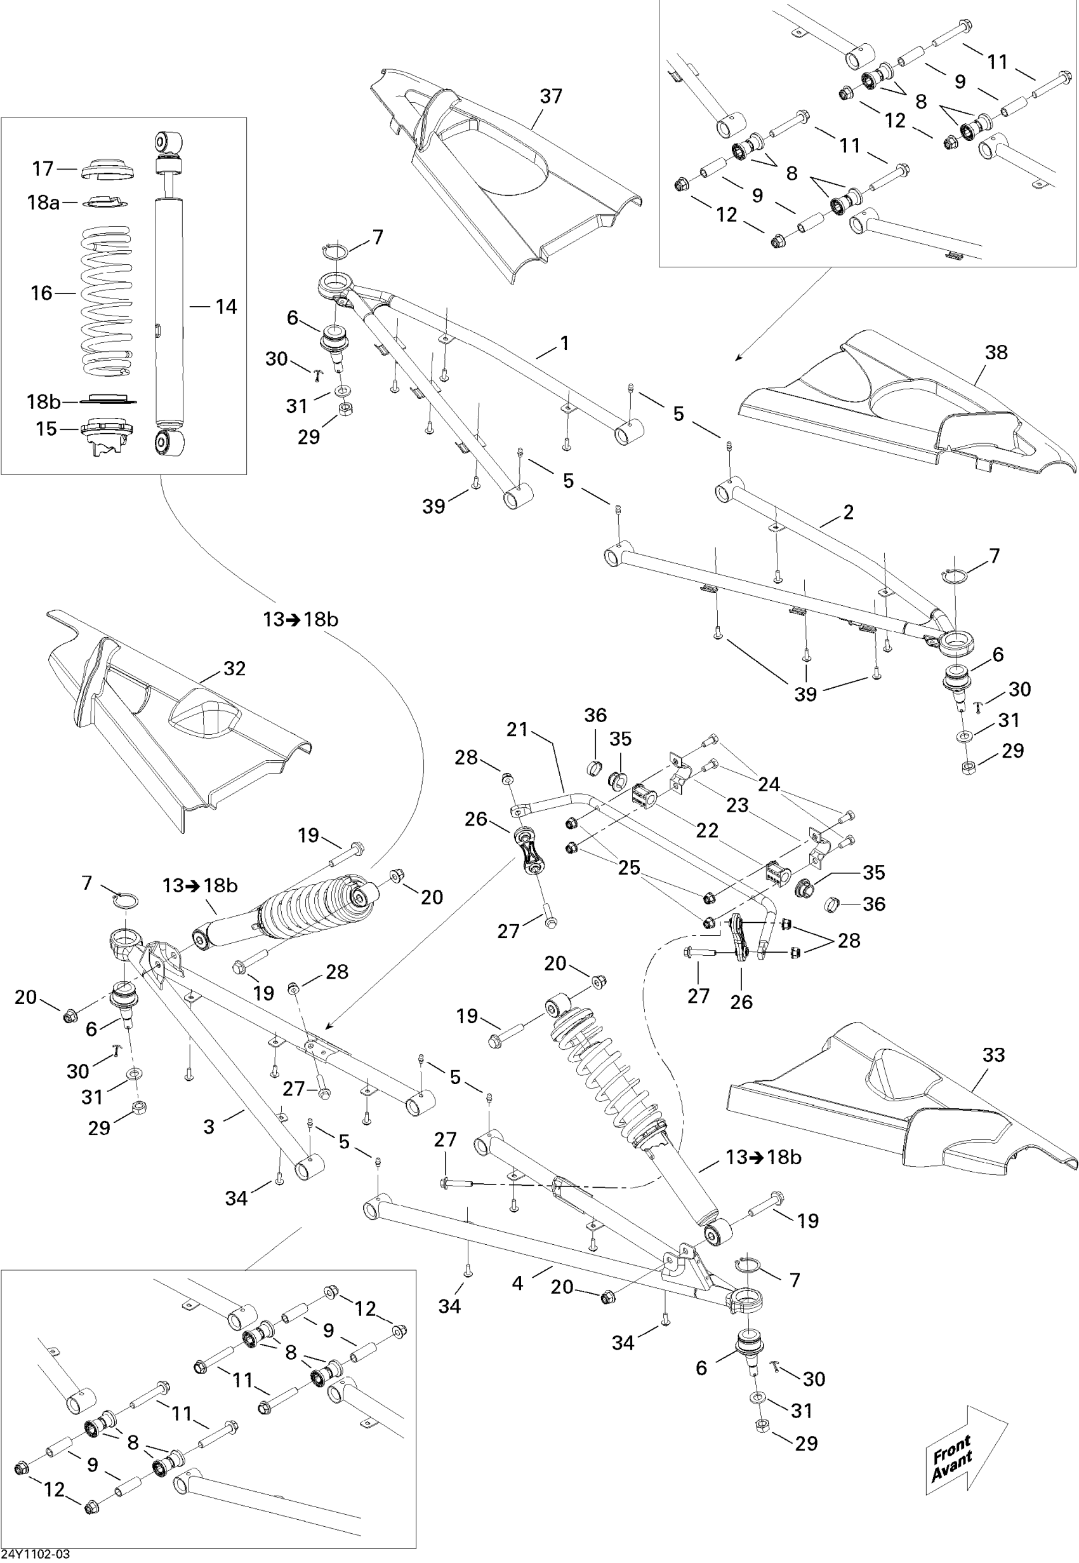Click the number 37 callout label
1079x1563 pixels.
[x=551, y=97]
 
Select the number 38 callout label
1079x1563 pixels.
[x=996, y=352]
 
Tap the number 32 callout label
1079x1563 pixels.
[x=234, y=668]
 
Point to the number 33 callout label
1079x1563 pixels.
[x=993, y=1054]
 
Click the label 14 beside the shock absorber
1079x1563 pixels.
[x=226, y=307]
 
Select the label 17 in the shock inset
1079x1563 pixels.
[x=43, y=168]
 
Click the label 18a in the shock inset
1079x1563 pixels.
[x=43, y=202]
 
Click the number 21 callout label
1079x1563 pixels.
[x=517, y=729]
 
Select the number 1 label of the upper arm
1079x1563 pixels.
[x=564, y=343]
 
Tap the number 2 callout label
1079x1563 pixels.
[x=849, y=512]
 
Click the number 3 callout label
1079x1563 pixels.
[x=209, y=1126]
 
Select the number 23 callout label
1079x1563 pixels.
[x=738, y=805]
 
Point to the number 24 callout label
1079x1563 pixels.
[x=769, y=784]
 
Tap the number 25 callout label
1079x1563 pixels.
[x=630, y=868]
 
